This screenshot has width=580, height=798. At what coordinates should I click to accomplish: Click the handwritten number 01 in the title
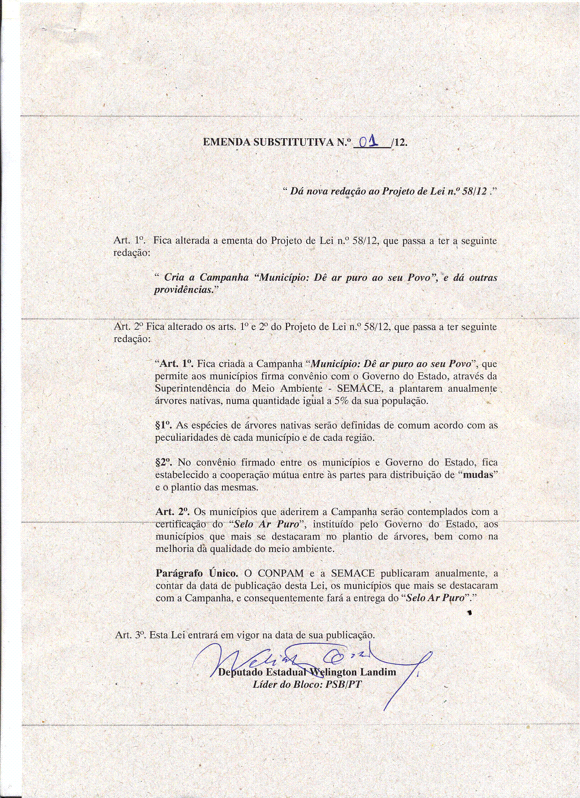point(369,142)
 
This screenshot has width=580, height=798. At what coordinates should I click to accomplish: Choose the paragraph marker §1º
point(163,425)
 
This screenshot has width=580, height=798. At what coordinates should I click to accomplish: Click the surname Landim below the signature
point(378,672)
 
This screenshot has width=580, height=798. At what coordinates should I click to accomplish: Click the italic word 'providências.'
point(184,289)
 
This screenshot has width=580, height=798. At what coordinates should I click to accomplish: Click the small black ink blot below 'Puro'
point(469,613)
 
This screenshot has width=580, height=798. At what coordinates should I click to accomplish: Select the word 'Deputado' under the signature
point(241,672)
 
